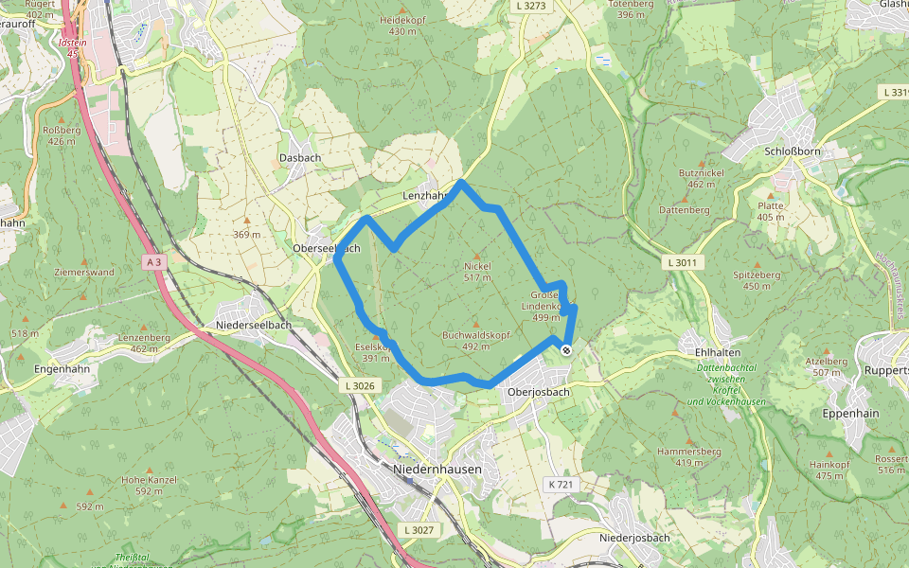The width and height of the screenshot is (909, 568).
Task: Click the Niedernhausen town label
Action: pyautogui.click(x=437, y=470)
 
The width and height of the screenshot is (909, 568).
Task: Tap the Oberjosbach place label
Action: pyautogui.click(x=538, y=392)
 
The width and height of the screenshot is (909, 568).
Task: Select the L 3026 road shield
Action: pyautogui.click(x=360, y=385)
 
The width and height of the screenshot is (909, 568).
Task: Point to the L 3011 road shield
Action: pyautogui.click(x=681, y=261)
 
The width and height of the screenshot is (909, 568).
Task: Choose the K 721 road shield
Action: pyautogui.click(x=561, y=485)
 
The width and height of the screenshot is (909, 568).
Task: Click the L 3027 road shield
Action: pyautogui.click(x=417, y=530)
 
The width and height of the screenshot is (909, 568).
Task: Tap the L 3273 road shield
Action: pyautogui.click(x=532, y=6)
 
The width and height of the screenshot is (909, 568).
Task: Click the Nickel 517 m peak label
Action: pyautogui.click(x=478, y=272)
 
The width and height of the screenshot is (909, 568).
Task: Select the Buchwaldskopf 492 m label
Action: pyautogui.click(x=476, y=340)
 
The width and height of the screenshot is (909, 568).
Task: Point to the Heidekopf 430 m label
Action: pyautogui.click(x=402, y=26)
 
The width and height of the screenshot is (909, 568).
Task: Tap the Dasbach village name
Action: pyautogui.click(x=299, y=157)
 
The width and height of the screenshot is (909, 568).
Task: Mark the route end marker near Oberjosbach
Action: pyautogui.click(x=566, y=350)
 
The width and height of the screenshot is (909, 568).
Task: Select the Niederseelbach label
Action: pyautogui.click(x=254, y=325)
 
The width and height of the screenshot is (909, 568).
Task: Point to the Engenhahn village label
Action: pyautogui.click(x=62, y=368)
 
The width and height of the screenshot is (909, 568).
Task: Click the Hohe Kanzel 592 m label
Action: pyautogui.click(x=150, y=485)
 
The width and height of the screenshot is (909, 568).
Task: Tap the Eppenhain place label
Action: pyautogui.click(x=850, y=414)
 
